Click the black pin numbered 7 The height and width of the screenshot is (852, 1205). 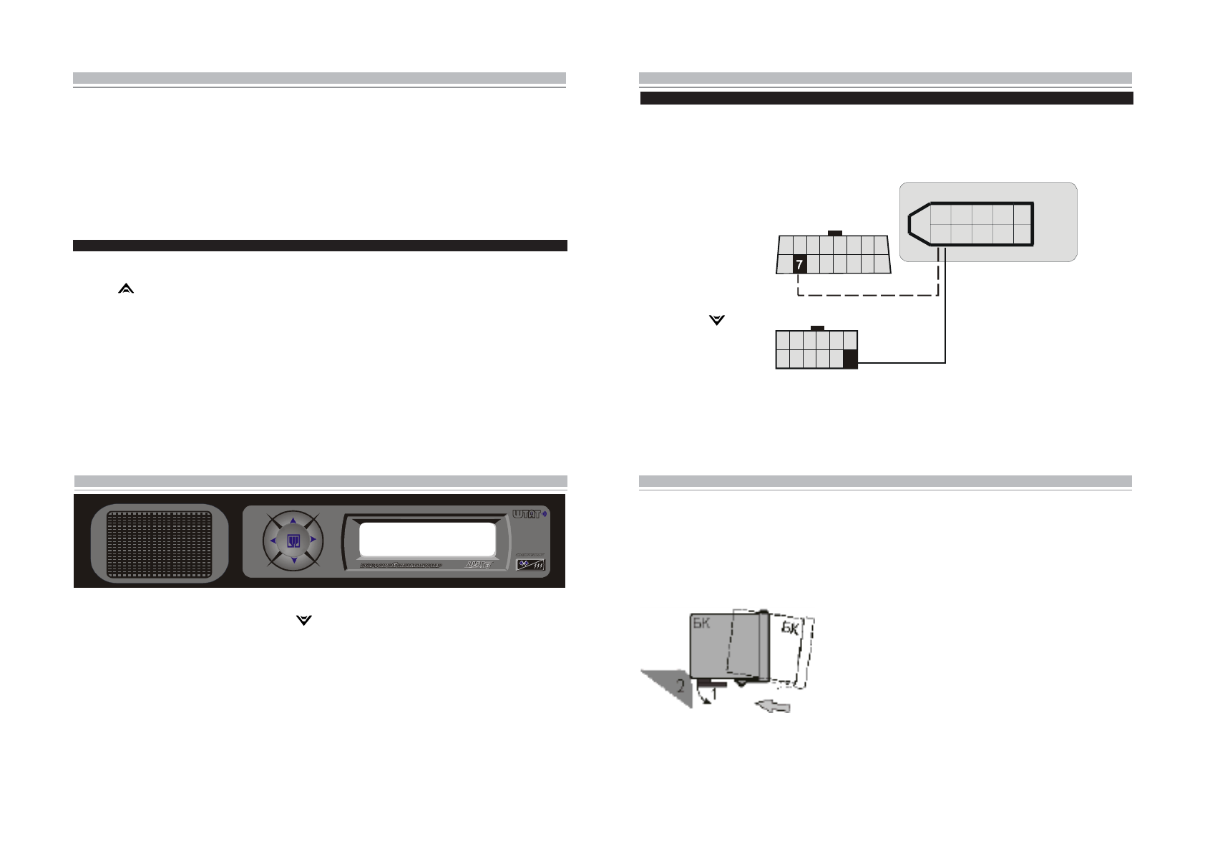click(799, 264)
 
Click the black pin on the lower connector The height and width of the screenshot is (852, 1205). click(850, 359)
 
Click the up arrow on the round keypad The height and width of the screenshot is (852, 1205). click(293, 521)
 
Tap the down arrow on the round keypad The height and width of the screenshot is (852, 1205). click(293, 561)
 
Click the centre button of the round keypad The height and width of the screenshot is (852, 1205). click(293, 541)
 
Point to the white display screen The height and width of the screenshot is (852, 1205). click(426, 539)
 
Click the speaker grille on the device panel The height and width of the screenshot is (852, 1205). click(160, 543)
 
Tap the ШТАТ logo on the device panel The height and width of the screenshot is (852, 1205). click(527, 514)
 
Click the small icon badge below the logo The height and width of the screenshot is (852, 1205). click(530, 564)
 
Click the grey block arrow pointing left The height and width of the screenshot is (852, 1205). click(774, 706)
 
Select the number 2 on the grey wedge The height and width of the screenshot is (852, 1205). click(680, 686)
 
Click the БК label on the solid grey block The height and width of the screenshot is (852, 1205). click(701, 623)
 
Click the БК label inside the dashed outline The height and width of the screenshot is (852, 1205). click(789, 628)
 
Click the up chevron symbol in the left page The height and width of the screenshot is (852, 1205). click(126, 289)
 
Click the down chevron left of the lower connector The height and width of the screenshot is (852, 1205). click(716, 320)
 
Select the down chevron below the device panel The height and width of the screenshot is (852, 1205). click(304, 620)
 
